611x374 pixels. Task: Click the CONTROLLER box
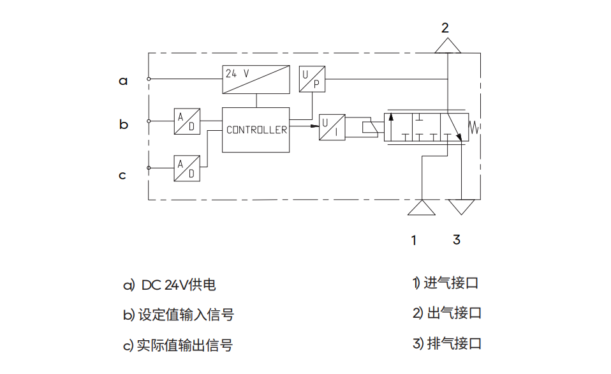(x=256, y=130)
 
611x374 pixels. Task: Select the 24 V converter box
(x=255, y=79)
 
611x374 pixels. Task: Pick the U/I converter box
(x=332, y=126)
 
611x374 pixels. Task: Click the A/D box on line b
(x=187, y=121)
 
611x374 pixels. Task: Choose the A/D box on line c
(x=187, y=168)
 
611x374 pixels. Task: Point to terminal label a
(x=123, y=81)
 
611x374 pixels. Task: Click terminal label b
(x=124, y=124)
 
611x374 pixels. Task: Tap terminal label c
(x=122, y=175)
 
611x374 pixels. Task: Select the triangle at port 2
(x=448, y=45)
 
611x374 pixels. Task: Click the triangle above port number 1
(x=421, y=209)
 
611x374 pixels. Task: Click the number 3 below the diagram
(x=456, y=240)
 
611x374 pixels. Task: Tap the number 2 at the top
(x=445, y=27)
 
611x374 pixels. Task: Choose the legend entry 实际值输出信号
(x=185, y=345)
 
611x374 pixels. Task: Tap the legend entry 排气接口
(x=453, y=344)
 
